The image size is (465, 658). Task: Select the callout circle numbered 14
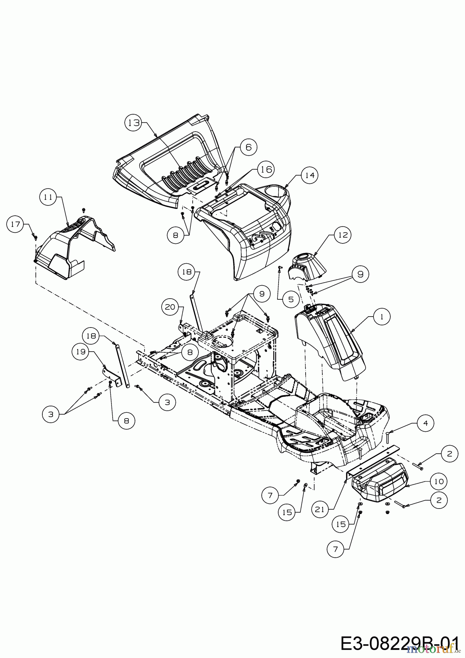click(309, 175)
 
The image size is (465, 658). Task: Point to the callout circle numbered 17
click(15, 224)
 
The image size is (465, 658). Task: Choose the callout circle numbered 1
click(382, 317)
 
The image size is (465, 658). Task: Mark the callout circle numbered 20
click(170, 308)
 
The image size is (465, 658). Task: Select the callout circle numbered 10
click(439, 481)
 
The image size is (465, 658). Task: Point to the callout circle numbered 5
click(291, 299)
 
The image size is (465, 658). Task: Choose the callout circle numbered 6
click(248, 147)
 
